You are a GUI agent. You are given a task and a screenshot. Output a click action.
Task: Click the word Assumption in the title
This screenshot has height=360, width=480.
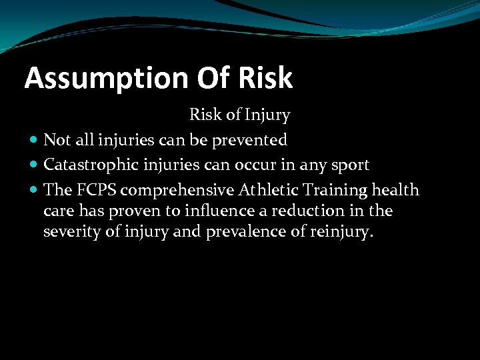coord(106,79)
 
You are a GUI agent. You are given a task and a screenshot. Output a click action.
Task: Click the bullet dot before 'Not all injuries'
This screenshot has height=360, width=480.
coord(34,140)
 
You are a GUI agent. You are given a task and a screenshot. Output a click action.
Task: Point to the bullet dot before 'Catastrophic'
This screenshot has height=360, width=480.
coord(34,165)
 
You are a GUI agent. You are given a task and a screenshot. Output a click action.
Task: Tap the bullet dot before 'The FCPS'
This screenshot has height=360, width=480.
coord(34,190)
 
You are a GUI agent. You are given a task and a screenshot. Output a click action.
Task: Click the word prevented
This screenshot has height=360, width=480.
coord(253,140)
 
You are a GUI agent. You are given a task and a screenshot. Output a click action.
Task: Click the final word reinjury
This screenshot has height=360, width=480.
coord(343,233)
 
